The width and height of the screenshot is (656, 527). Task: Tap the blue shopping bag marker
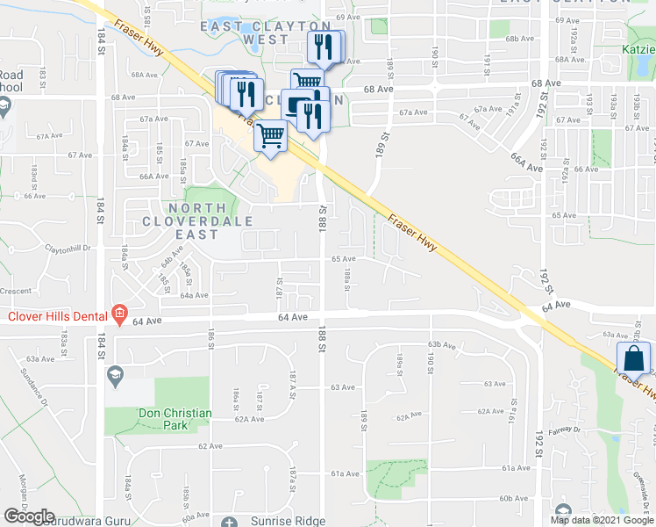pyautogui.click(x=633, y=360)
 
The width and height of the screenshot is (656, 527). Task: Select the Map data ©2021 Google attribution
pyautogui.click(x=601, y=520)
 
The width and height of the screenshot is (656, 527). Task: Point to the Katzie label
pyautogui.click(x=638, y=50)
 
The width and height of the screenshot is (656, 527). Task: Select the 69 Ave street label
pyautogui.click(x=347, y=17)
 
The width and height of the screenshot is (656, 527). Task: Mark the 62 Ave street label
pyautogui.click(x=210, y=446)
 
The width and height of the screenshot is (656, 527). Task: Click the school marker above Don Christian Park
pyautogui.click(x=113, y=377)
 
